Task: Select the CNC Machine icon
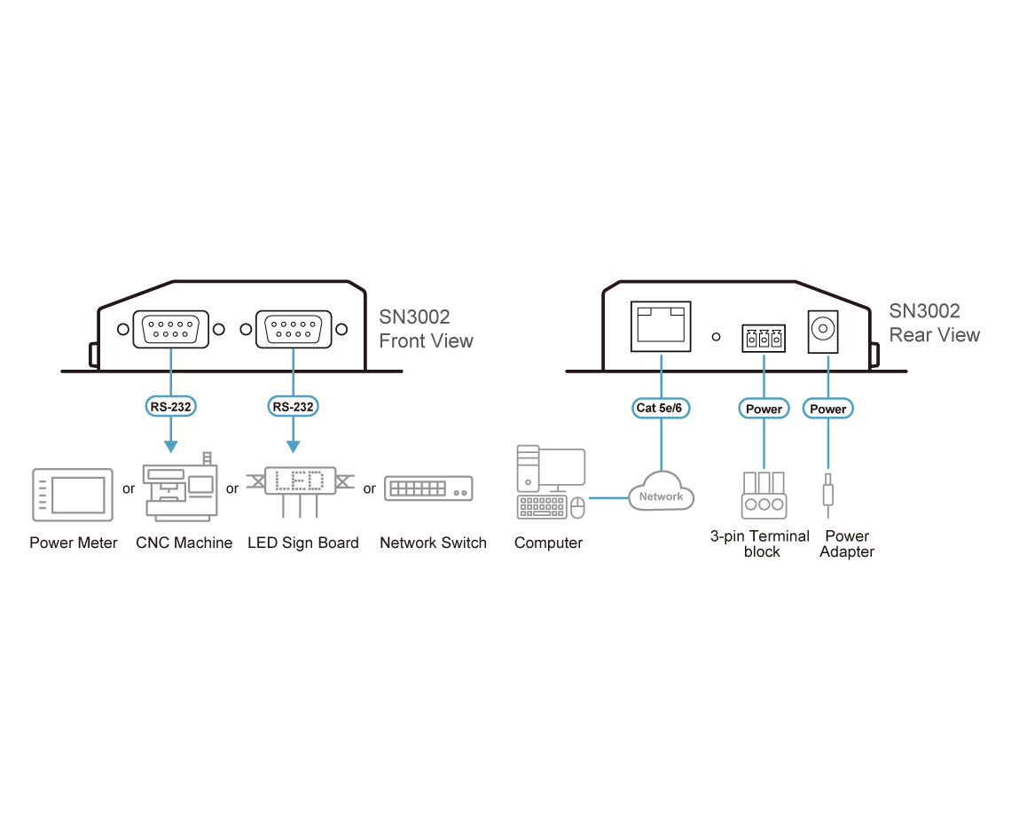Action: tap(181, 489)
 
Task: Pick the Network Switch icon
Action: tap(428, 489)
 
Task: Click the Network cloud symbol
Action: tap(661, 496)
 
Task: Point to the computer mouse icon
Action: tap(577, 506)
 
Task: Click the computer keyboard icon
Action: tap(541, 507)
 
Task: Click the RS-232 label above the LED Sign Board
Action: tap(292, 407)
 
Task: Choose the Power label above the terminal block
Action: tap(764, 409)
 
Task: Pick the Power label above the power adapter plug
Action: tap(828, 409)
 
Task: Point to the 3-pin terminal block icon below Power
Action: tap(764, 494)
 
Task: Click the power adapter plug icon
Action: tap(827, 493)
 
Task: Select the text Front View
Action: tap(426, 341)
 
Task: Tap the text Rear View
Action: tap(935, 335)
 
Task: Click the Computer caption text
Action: tap(548, 543)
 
